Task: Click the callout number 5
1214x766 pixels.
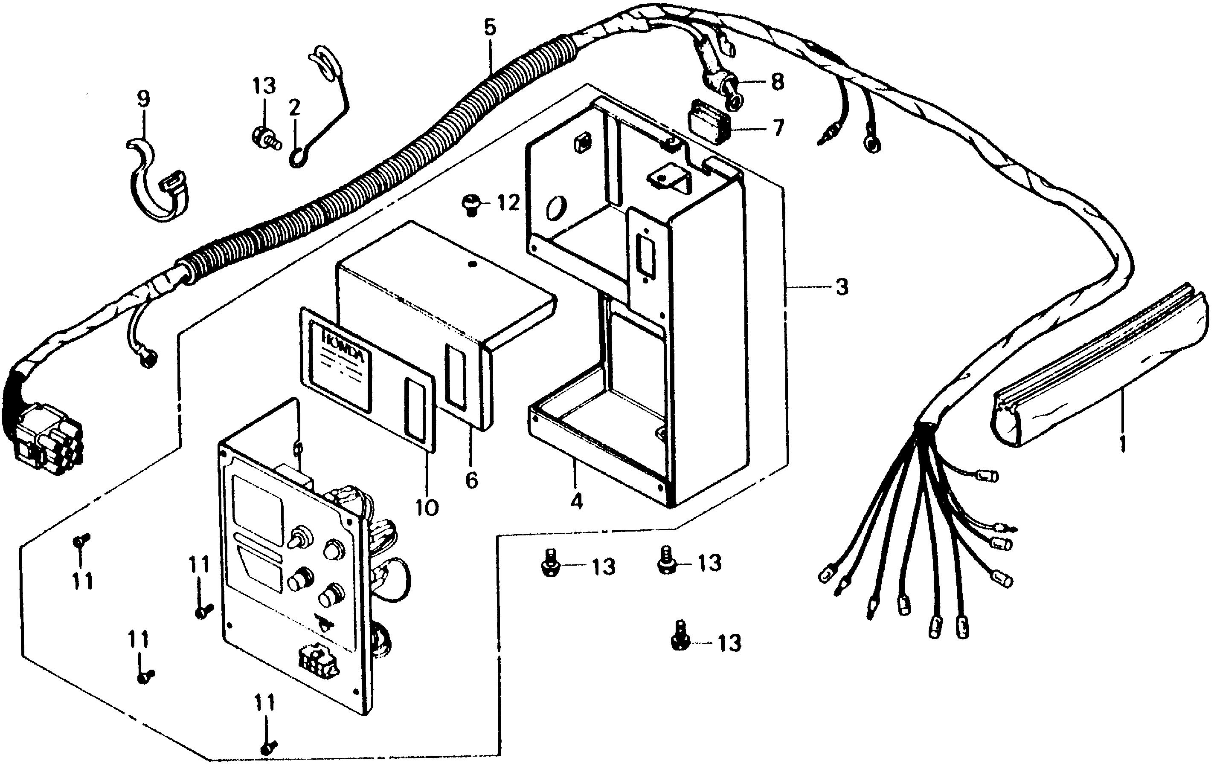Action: point(490,28)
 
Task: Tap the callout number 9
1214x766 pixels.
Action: point(144,99)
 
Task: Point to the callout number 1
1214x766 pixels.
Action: point(1122,444)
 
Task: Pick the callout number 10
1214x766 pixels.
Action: point(427,508)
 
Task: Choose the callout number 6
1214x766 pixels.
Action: point(471,480)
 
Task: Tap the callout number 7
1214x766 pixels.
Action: point(778,128)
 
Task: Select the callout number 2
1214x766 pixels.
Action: point(294,107)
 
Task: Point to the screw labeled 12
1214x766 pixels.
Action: point(470,205)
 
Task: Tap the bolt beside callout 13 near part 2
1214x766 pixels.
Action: point(263,137)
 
